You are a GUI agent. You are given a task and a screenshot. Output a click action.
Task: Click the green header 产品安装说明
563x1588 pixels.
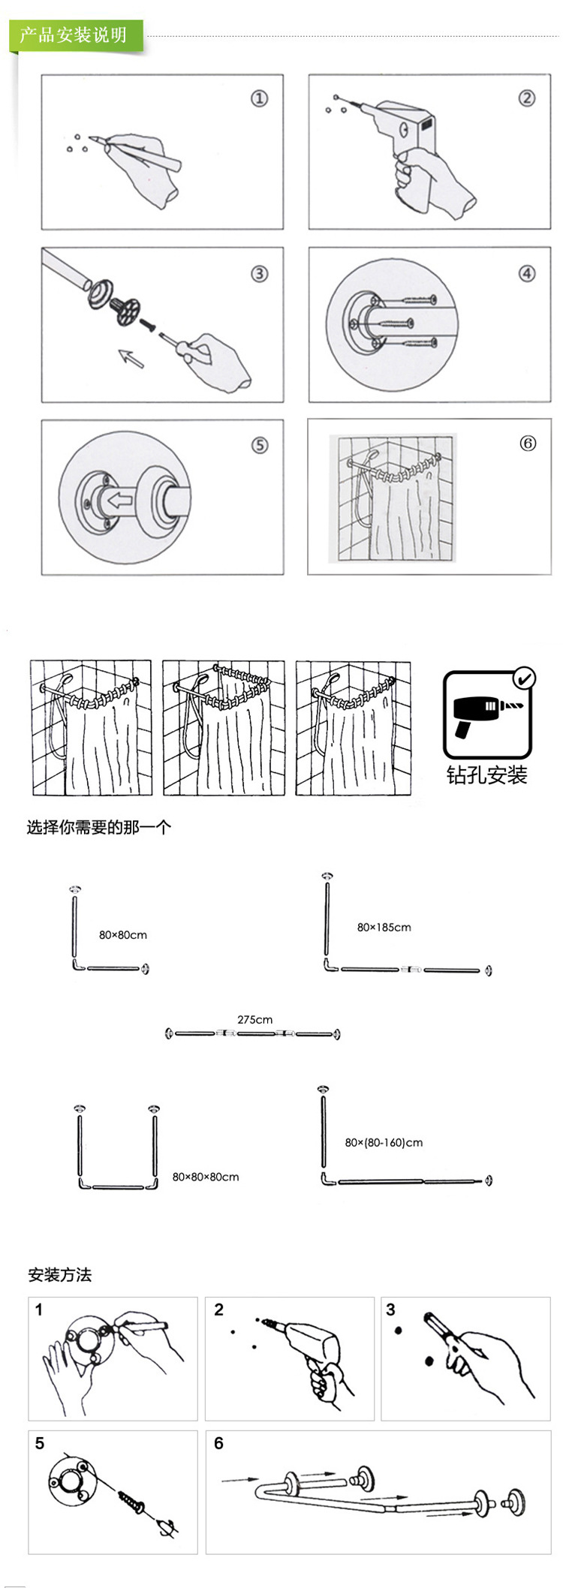click(73, 35)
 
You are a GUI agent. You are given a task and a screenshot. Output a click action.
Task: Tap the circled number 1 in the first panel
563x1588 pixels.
click(259, 98)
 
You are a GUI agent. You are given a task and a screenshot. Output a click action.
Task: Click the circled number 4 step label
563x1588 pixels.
click(527, 273)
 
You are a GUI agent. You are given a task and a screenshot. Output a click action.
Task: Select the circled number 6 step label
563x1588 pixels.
click(528, 444)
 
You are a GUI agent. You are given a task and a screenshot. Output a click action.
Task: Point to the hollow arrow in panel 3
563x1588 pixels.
click(131, 359)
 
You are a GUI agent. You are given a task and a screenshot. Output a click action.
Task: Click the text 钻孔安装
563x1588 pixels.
click(486, 774)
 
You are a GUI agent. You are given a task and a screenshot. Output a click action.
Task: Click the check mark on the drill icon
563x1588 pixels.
click(524, 678)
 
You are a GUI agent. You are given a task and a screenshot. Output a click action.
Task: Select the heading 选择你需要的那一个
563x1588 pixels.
click(99, 828)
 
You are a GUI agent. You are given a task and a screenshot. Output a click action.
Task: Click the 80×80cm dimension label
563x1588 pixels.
click(123, 935)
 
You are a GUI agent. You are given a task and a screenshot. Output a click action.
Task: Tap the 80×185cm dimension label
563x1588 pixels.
click(384, 927)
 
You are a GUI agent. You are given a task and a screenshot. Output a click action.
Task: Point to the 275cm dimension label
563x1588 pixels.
click(254, 1019)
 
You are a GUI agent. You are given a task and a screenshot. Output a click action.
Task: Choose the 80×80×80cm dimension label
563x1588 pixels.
click(206, 1177)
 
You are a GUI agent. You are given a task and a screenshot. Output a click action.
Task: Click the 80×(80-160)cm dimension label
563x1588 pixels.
click(384, 1142)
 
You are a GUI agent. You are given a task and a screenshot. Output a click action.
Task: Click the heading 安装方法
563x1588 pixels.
click(60, 1275)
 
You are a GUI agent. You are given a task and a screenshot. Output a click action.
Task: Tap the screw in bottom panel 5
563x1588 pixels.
click(131, 1500)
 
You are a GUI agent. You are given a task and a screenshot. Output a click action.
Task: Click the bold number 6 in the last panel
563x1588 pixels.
click(218, 1443)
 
